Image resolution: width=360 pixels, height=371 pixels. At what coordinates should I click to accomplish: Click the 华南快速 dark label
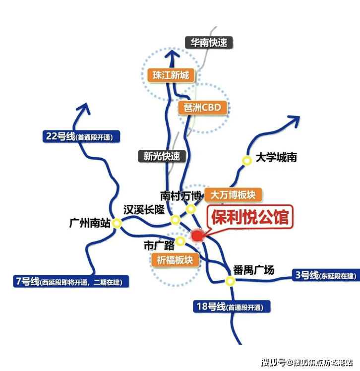209,42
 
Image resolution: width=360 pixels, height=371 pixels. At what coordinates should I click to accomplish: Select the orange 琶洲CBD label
202,108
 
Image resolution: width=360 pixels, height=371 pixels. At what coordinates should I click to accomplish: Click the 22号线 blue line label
82,136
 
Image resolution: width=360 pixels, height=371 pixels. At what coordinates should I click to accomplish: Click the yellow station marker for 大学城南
246,160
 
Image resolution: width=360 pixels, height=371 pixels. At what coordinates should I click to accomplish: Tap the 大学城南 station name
276,158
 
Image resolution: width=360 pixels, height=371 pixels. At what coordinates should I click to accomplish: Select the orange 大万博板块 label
233,195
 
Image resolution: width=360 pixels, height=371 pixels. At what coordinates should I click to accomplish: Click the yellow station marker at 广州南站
117,223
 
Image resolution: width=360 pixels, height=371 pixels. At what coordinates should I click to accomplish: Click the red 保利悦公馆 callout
249,217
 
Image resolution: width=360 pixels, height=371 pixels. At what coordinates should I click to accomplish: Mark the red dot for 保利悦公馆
197,236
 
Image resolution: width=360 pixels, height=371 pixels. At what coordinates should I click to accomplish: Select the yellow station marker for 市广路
180,241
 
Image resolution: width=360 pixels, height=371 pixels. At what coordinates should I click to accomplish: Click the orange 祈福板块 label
174,259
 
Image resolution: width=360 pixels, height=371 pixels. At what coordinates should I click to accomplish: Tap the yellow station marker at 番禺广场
230,281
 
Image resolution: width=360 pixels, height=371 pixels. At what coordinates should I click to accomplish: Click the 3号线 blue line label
325,275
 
